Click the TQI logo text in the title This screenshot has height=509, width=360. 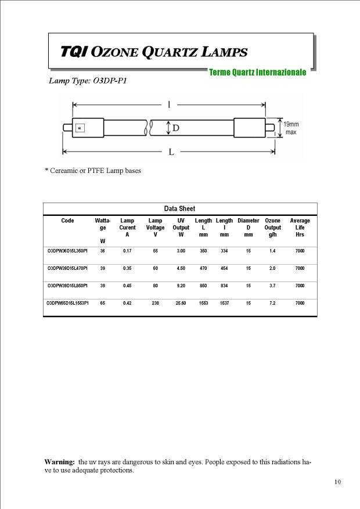(75, 52)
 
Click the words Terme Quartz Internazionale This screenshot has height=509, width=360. (257, 72)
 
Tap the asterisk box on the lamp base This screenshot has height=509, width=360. (80, 128)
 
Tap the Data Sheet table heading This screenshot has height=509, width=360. (179, 208)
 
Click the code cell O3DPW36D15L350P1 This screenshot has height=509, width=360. (67, 251)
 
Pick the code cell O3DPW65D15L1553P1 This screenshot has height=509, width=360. (67, 303)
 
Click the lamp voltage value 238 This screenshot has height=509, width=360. (156, 303)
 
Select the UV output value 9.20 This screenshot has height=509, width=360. (181, 286)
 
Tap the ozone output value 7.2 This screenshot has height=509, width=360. (272, 303)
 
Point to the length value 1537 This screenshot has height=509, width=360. (224, 303)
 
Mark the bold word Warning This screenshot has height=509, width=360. (60, 462)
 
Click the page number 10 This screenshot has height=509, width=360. (337, 482)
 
